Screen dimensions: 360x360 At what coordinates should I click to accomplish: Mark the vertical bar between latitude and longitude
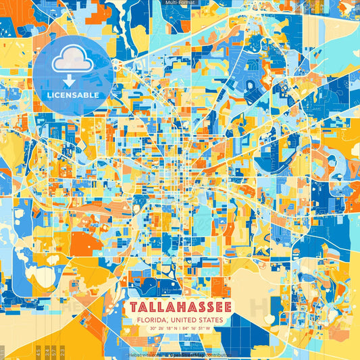click(180, 329)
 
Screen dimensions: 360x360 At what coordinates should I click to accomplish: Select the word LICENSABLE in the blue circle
click(73, 95)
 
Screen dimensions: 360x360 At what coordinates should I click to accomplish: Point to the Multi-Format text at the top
click(180, 3)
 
